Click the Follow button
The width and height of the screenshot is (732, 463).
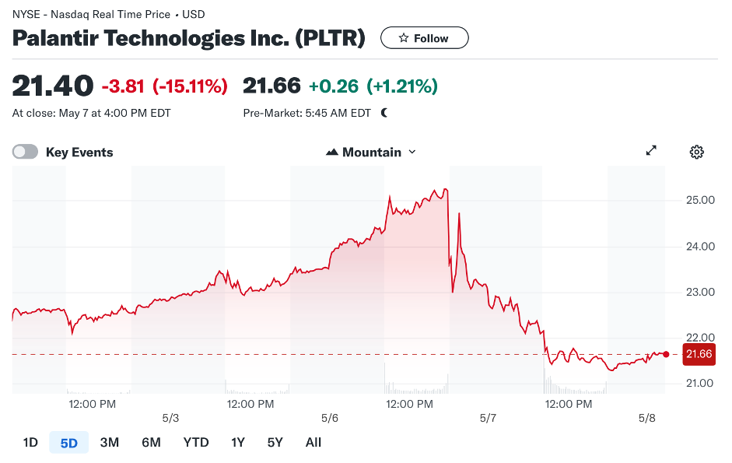[x=424, y=38]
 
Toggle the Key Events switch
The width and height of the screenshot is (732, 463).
[x=25, y=153]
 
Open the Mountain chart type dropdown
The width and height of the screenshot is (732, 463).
[x=371, y=153]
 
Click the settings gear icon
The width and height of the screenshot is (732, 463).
[x=696, y=152]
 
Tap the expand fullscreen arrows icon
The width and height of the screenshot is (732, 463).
[x=652, y=151]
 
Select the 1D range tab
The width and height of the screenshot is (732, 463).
[x=30, y=443]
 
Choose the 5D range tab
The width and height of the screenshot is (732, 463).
[x=69, y=443]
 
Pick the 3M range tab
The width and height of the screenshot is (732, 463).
[x=110, y=443]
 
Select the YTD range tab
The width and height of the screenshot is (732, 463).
[x=196, y=443]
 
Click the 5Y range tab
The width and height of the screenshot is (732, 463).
[x=275, y=443]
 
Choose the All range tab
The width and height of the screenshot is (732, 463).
[x=313, y=443]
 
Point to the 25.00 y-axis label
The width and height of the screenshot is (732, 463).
[x=699, y=200]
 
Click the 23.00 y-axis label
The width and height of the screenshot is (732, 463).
[x=699, y=292]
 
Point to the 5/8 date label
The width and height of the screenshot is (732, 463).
[x=647, y=418]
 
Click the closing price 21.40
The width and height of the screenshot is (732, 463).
[x=53, y=86]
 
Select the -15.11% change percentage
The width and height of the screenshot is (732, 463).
[x=190, y=86]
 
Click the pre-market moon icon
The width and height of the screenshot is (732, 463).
[x=384, y=113]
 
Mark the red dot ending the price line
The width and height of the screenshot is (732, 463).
[x=666, y=354]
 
